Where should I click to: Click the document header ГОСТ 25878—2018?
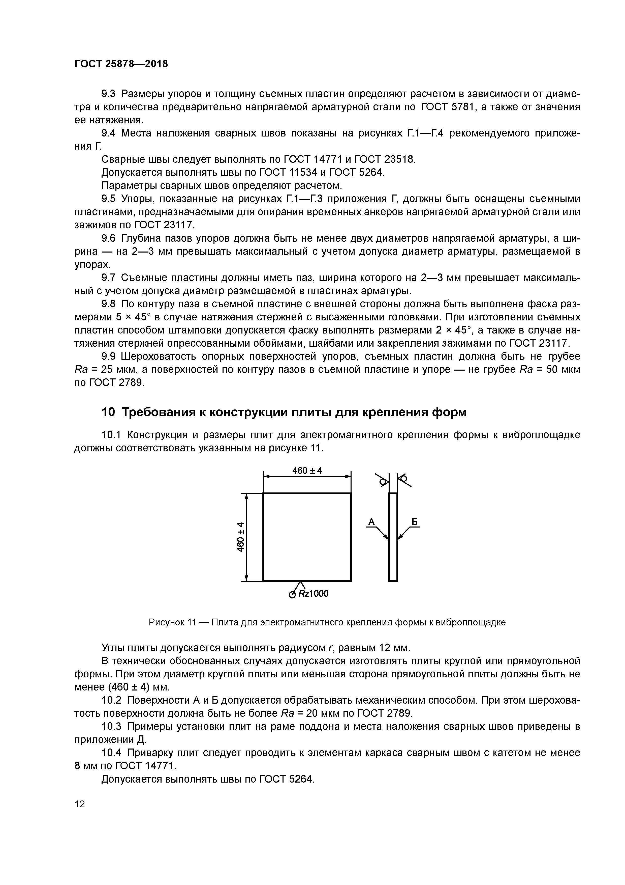(x=121, y=64)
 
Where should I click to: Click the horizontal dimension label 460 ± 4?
(x=307, y=471)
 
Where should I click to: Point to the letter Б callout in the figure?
(x=415, y=522)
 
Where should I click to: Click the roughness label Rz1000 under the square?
(x=313, y=594)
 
